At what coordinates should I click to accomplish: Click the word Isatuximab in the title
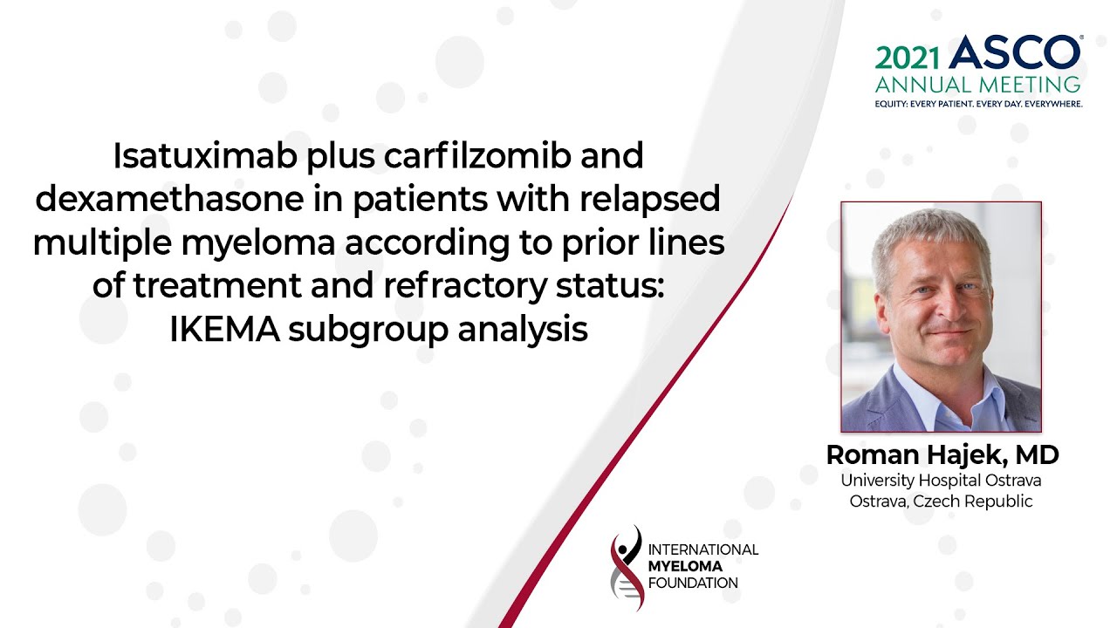pos(205,155)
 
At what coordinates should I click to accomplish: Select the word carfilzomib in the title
pos(477,155)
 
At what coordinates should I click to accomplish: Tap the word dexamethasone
pos(169,199)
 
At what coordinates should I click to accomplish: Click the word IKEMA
pos(224,330)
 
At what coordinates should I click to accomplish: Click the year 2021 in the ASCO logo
pos(908,58)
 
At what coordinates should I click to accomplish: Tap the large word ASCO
pos(1014,52)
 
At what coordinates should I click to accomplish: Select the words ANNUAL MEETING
pos(978,85)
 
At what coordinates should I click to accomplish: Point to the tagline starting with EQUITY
pos(978,104)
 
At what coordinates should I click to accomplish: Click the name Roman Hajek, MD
pos(942,454)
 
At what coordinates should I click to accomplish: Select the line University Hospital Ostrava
pos(941,481)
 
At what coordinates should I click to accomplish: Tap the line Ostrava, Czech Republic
pos(941,501)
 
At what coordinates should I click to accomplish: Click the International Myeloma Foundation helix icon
pos(627,567)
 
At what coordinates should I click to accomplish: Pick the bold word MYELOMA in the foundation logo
pos(685,567)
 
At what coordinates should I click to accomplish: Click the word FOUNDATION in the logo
pos(693,584)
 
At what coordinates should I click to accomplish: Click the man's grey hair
pos(929,235)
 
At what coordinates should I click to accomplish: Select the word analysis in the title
pos(523,331)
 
